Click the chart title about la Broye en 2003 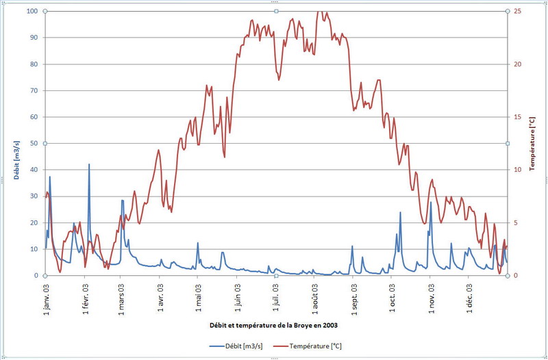(x=275, y=324)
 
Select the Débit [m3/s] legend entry (x=236, y=346)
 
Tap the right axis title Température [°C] (x=532, y=144)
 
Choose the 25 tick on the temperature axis (x=517, y=11)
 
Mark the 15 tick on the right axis (x=517, y=117)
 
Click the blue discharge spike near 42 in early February (x=88, y=165)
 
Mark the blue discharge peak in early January (x=49, y=177)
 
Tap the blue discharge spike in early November (x=431, y=203)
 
